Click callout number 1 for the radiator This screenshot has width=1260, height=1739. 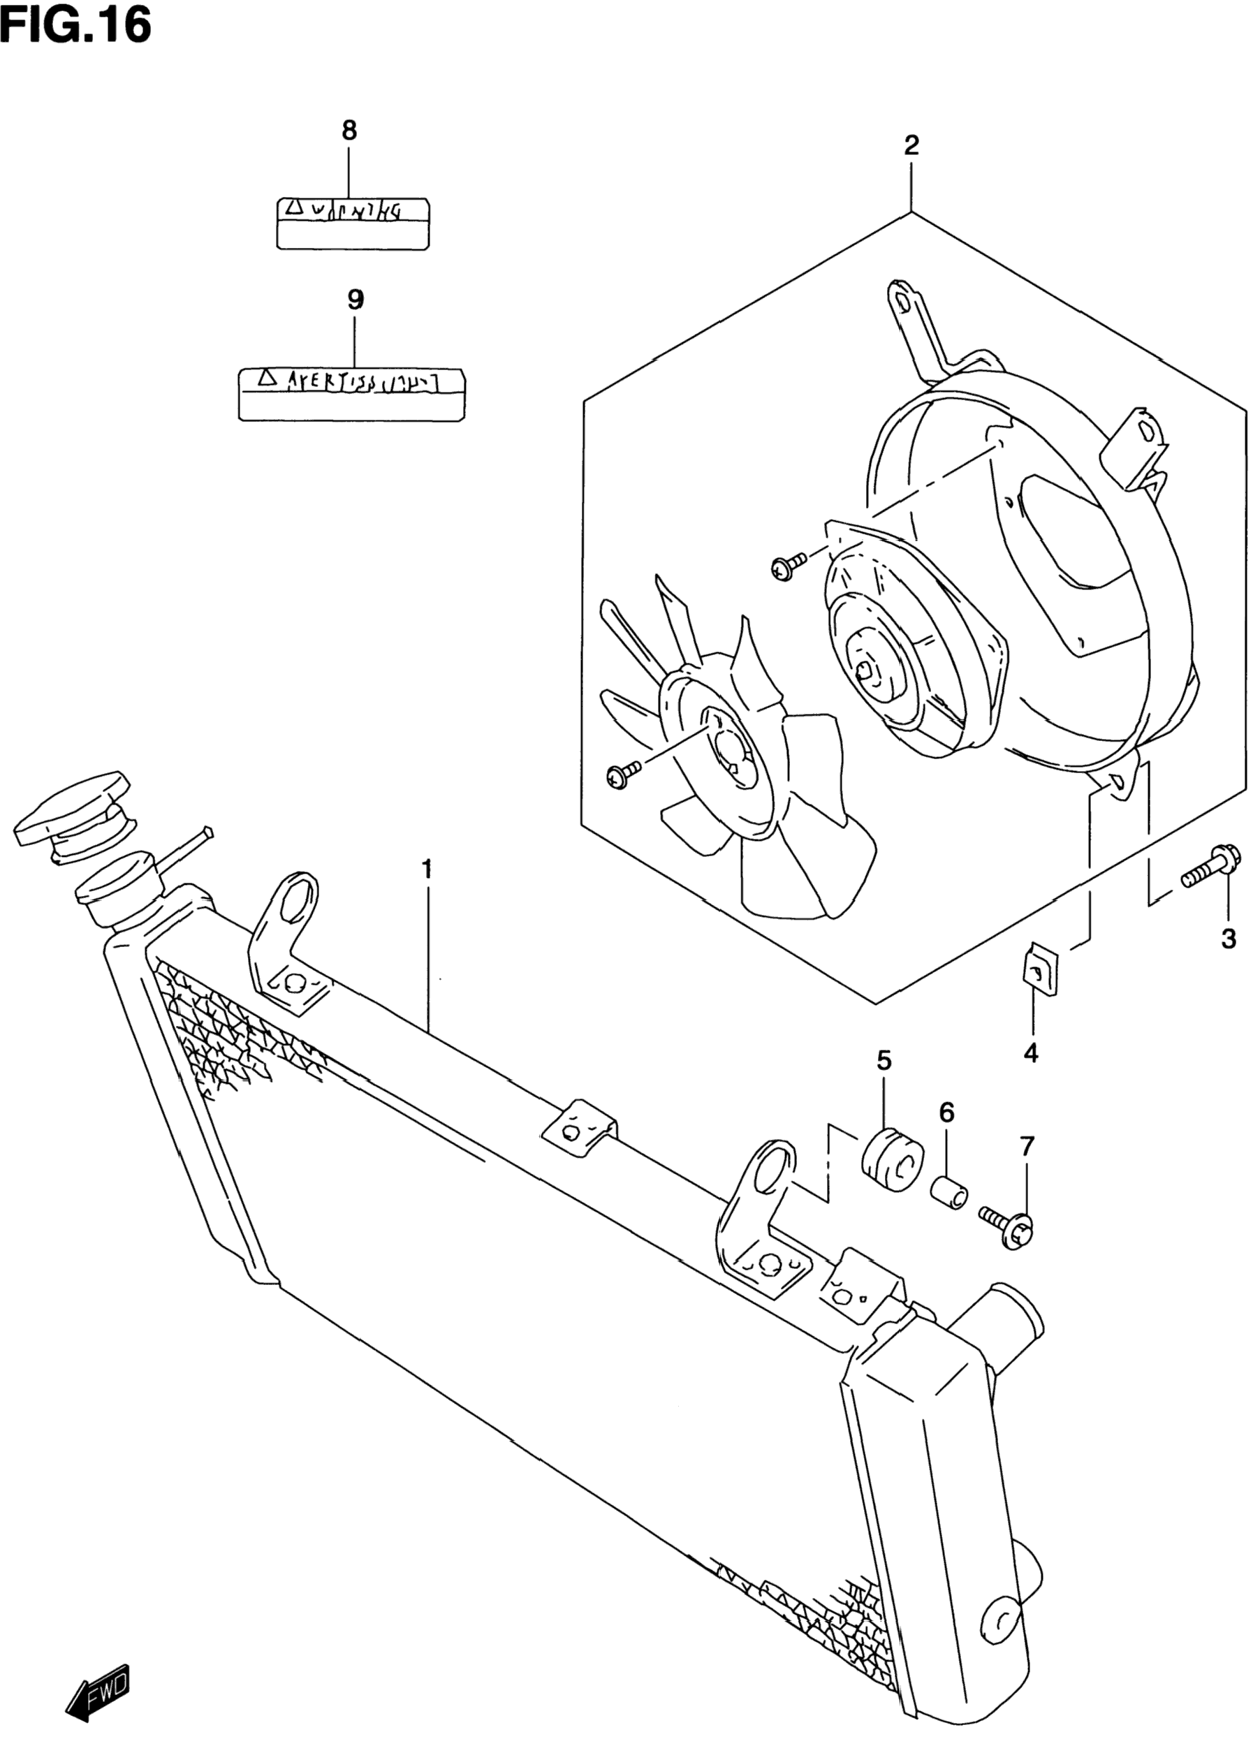click(427, 869)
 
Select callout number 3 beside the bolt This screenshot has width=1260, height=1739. click(1229, 938)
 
